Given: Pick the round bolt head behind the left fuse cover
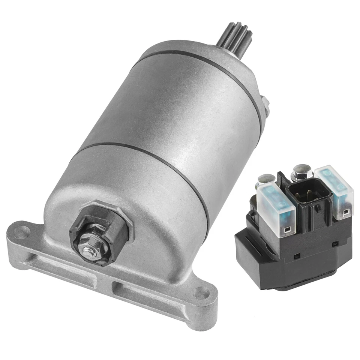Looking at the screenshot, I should [x=265, y=179].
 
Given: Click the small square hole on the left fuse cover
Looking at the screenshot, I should [x=288, y=229].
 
